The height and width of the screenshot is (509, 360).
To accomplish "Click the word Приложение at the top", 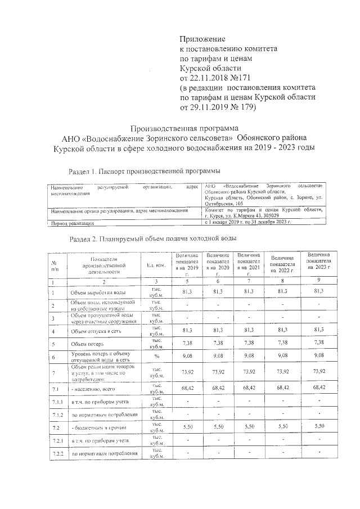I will pyautogui.click(x=202, y=39).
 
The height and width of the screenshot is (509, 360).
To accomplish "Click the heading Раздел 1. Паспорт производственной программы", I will pyautogui.click(x=143, y=170).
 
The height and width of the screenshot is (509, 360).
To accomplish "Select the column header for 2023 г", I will pyautogui.click(x=318, y=263).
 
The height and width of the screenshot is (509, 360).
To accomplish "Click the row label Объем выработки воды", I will pyautogui.click(x=99, y=292).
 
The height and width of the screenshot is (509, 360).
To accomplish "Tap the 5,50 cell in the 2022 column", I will pyautogui.click(x=285, y=428).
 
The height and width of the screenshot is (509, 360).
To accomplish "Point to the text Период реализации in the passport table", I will pyautogui.click(x=70, y=224).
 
